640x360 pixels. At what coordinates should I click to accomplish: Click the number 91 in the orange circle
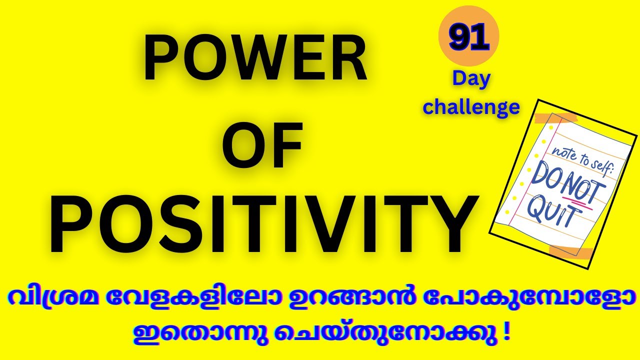(468, 38)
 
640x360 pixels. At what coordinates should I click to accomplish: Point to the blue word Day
(471, 79)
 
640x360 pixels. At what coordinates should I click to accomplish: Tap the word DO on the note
(545, 177)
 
